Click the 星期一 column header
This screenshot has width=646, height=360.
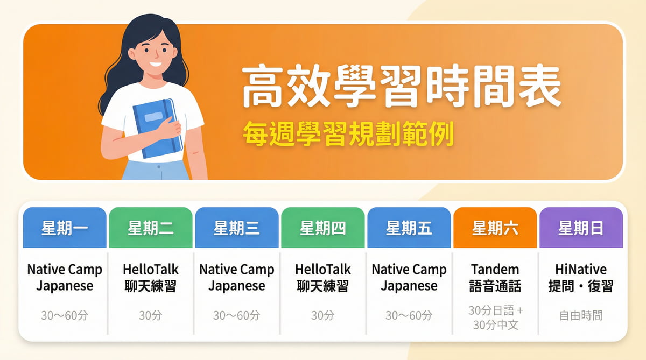pyautogui.click(x=65, y=228)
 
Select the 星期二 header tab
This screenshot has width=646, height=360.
pyautogui.click(x=151, y=228)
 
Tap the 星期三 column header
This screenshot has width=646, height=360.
pyautogui.click(x=237, y=228)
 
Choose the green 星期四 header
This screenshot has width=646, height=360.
pyautogui.click(x=323, y=228)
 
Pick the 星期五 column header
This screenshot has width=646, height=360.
pyautogui.click(x=409, y=228)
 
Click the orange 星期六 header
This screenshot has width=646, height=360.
pyautogui.click(x=495, y=228)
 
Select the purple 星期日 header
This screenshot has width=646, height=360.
pyautogui.click(x=581, y=228)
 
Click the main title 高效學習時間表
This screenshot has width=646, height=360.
pyautogui.click(x=401, y=87)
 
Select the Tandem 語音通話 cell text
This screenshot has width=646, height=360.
pyautogui.click(x=495, y=277)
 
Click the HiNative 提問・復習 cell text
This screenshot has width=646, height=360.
pyautogui.click(x=581, y=277)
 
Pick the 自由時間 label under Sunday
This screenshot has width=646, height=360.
pyautogui.click(x=581, y=315)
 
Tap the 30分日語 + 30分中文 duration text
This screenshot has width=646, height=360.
pyautogui.click(x=495, y=318)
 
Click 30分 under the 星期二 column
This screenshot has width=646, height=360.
pyautogui.click(x=151, y=315)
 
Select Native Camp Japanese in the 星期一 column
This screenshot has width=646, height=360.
pyautogui.click(x=65, y=277)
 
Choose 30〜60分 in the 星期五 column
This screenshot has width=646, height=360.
pyautogui.click(x=409, y=315)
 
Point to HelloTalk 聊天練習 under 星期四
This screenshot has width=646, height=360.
pyautogui.click(x=323, y=277)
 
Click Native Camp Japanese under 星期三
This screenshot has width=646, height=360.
pyautogui.click(x=237, y=277)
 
